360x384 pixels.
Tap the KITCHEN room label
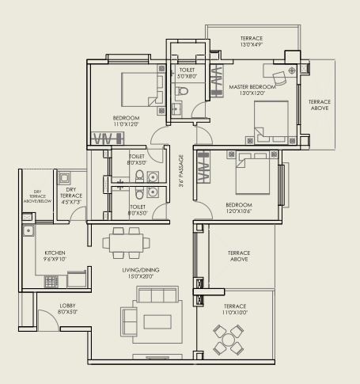(56, 257)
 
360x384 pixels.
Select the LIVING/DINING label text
(142, 274)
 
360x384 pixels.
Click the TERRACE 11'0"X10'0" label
(234, 310)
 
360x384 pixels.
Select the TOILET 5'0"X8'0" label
(187, 74)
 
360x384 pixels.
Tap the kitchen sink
(28, 231)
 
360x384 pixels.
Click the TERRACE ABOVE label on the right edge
(320, 105)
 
